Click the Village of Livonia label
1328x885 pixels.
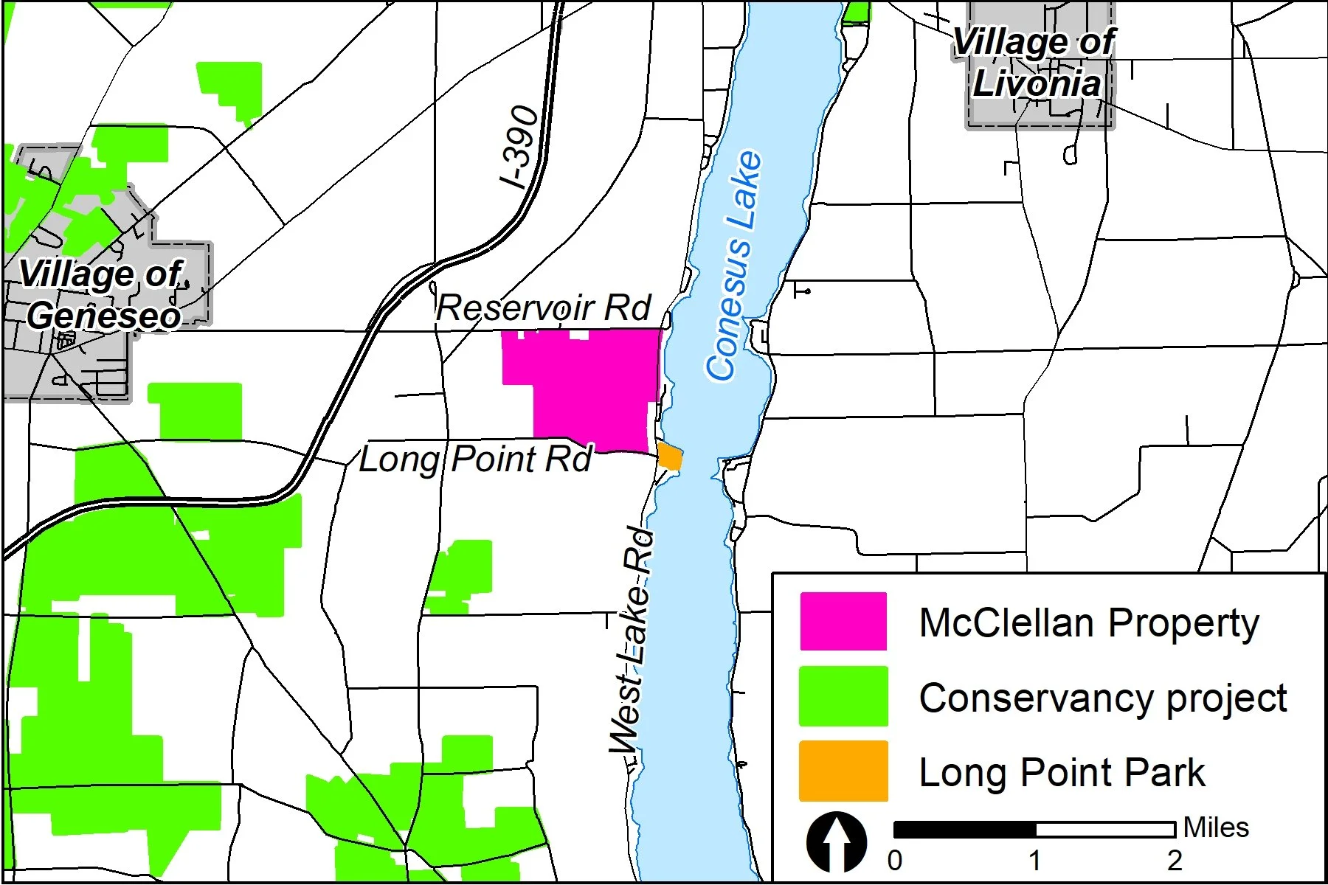coord(1034,63)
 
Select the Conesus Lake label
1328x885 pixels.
coord(733,265)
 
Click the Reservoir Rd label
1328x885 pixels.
coord(544,308)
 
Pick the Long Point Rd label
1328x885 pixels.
coord(475,459)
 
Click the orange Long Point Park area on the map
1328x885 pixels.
coord(670,457)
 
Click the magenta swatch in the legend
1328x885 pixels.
coord(843,622)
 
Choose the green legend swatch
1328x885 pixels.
coord(843,696)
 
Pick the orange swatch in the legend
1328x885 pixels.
coord(843,771)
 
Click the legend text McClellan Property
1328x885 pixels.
coord(1089,623)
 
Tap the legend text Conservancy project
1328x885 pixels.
coord(1103,698)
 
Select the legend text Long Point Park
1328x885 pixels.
coord(1062,773)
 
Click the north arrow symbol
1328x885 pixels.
coord(837,841)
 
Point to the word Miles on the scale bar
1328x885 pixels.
coord(1216,827)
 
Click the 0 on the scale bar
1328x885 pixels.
coord(895,861)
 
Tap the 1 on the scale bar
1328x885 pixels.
coord(1035,861)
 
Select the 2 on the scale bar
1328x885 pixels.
coord(1175,861)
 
